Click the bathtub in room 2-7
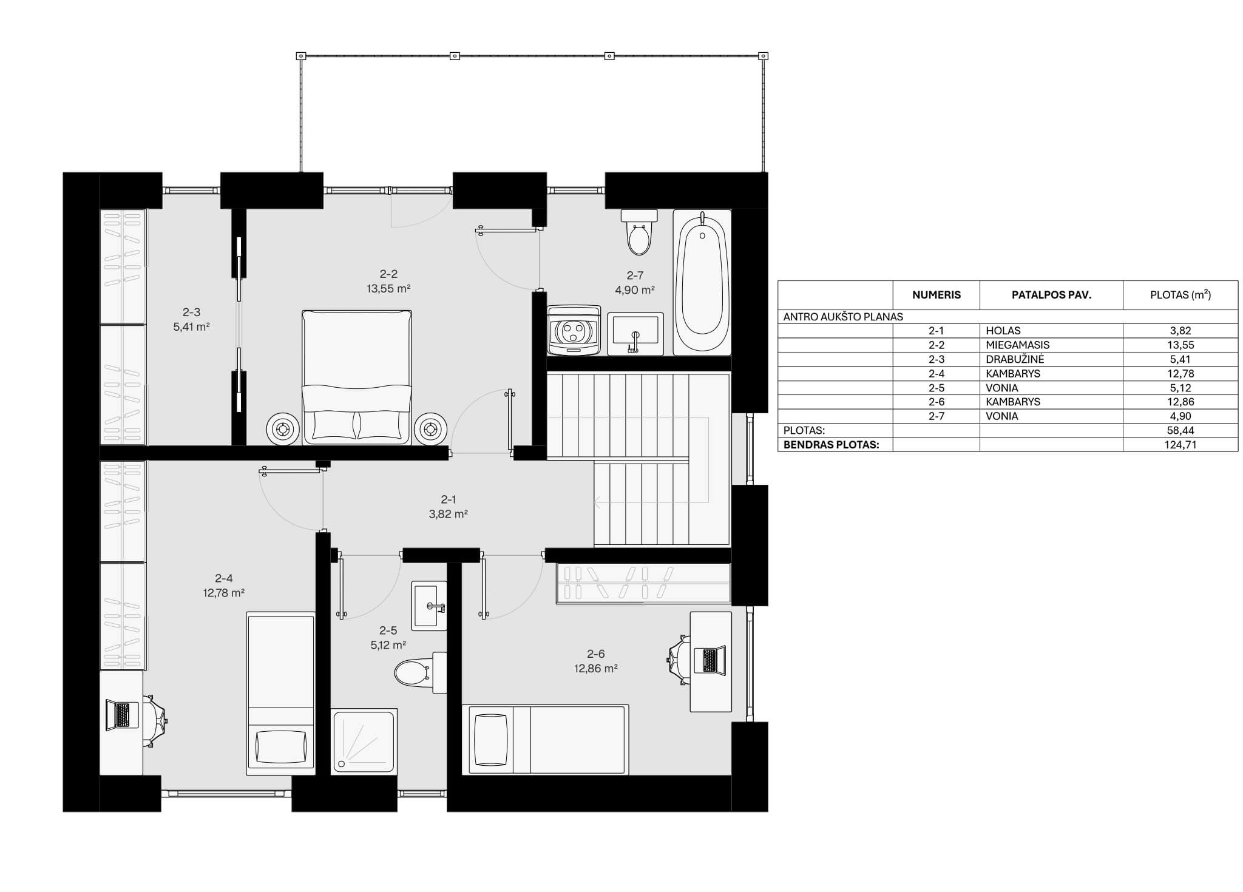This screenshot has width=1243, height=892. coord(702,282)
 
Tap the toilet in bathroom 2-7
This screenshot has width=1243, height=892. coord(639,232)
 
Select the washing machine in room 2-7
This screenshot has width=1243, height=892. coord(574,330)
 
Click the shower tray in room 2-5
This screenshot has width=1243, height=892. coord(364,741)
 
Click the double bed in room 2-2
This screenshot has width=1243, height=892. coord(357,377)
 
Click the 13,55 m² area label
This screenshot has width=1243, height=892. coord(388,289)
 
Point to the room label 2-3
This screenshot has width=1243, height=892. coord(191,312)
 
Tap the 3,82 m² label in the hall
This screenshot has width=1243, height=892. coord(448,514)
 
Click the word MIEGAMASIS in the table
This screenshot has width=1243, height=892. coord(1018,345)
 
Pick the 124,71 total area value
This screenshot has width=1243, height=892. coord(1180,445)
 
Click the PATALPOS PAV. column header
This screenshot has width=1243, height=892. coord(1051,296)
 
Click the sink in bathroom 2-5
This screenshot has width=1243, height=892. coord(429,606)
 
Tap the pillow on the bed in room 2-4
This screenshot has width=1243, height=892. coord(280,747)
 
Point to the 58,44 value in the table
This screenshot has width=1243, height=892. coord(1180,430)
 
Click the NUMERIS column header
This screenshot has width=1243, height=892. coord(936,296)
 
